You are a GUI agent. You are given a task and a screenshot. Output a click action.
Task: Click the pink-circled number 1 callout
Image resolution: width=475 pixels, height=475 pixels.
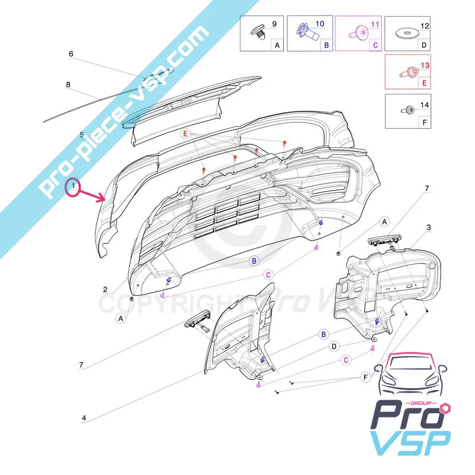pos(72,188)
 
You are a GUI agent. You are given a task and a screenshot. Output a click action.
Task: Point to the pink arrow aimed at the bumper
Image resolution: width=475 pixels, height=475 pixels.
pos(95,196)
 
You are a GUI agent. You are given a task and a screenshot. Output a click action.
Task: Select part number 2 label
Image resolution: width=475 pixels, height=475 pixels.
pos(105,290)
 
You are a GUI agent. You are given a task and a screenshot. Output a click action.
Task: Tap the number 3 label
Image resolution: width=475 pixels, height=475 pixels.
pos(428,227)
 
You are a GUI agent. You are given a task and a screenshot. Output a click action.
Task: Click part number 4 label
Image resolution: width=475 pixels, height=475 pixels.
pos(84,418)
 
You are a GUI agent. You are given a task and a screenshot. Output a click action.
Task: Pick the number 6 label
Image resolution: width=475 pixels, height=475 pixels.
pos(71,53)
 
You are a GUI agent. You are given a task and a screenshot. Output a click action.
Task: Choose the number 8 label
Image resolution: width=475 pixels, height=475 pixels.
pos(68,85)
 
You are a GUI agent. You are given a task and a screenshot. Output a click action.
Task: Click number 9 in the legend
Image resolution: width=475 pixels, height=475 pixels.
pos(274,24)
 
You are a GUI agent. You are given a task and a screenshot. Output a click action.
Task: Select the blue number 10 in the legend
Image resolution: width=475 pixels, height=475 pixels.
pos(319,24)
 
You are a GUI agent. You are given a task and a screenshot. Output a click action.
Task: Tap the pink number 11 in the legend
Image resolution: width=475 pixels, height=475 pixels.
pos(374,24)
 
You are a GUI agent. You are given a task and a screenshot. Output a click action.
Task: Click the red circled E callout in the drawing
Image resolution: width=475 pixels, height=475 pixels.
pos(186,135)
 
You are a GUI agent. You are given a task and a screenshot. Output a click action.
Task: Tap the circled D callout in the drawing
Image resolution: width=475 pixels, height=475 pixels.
pos(334,346)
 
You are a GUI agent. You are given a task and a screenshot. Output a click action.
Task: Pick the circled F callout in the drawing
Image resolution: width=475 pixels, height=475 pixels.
pos(365,377)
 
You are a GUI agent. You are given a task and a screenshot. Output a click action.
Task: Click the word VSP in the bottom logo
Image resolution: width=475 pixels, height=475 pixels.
pos(410,444)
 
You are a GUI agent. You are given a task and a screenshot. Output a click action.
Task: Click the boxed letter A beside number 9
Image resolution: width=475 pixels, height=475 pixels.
pos(277,44)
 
